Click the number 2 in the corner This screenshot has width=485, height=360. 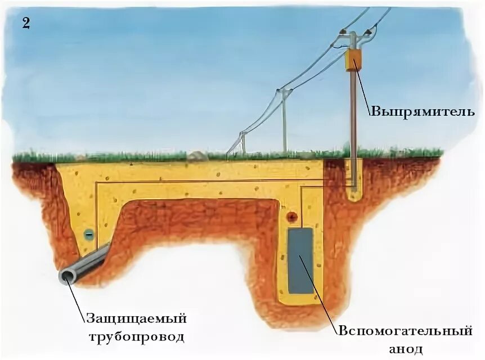(x=26, y=23)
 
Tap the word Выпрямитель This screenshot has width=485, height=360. (x=423, y=111)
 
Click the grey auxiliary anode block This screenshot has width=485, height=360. (x=301, y=260)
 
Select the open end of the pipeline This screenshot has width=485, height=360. (x=68, y=276)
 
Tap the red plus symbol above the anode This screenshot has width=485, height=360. (x=291, y=217)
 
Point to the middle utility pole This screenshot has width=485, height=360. (x=285, y=121)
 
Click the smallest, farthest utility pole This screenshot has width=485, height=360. (x=243, y=143)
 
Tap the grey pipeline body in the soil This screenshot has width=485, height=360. (x=90, y=262)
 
